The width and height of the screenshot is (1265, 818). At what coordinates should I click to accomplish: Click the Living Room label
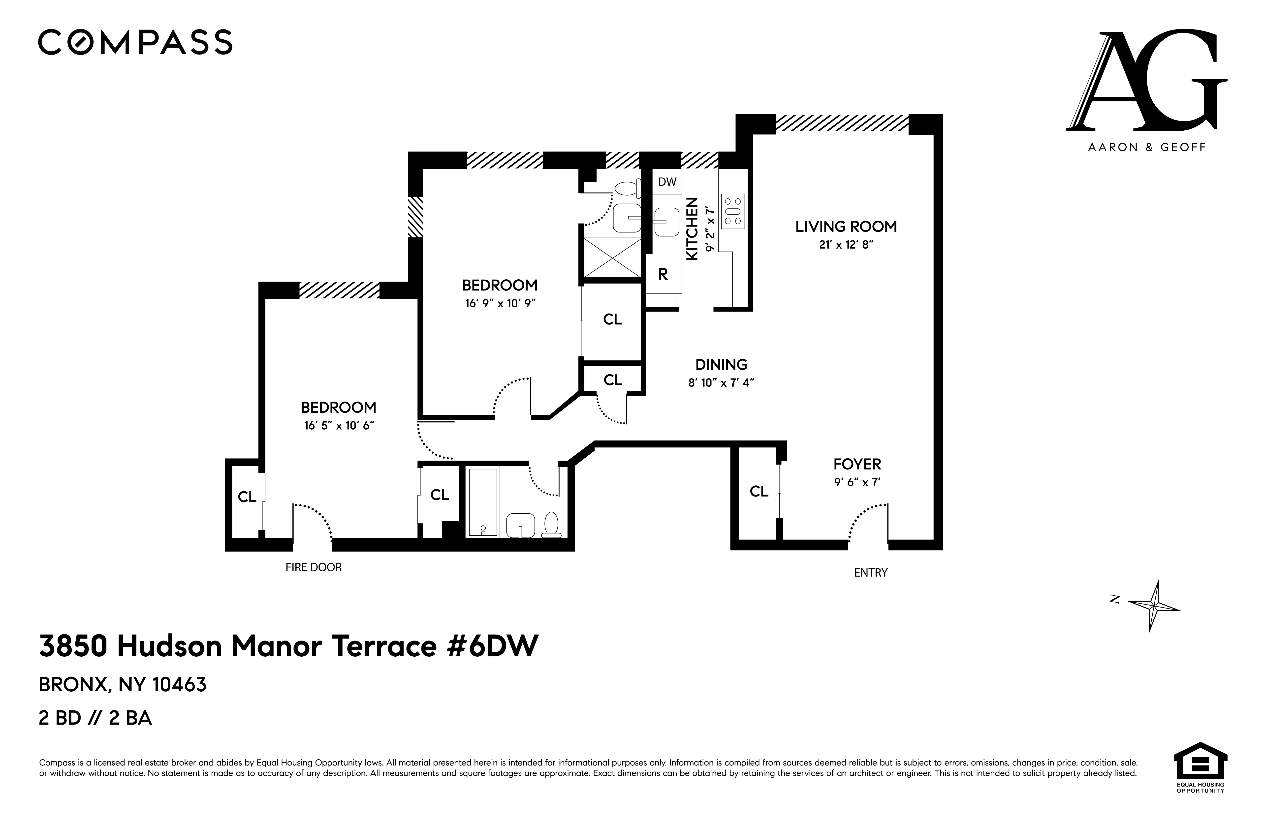[846, 227]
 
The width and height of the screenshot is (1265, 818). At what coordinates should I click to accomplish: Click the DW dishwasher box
[667, 182]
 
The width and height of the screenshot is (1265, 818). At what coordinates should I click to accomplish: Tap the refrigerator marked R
[663, 274]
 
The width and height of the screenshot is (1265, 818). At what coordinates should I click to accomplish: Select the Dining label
[721, 365]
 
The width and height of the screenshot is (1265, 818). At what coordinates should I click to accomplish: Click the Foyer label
[857, 464]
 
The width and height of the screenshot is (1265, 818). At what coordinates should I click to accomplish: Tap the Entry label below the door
[871, 573]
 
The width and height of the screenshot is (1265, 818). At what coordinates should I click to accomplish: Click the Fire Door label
[314, 567]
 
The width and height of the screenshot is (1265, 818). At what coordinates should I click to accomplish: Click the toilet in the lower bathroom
[552, 525]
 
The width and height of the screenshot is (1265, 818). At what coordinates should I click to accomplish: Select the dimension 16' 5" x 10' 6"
[339, 426]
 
